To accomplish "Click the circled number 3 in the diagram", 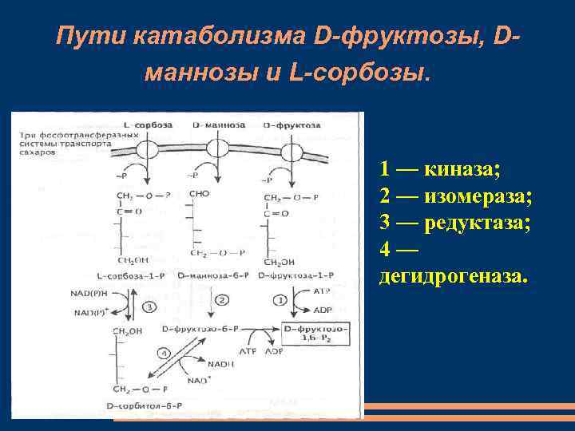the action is click(x=148, y=306).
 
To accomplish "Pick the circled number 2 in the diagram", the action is click(x=223, y=299).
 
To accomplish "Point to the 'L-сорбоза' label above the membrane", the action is click(x=144, y=126).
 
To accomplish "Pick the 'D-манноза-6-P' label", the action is click(x=213, y=275).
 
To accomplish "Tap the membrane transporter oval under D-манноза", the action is click(x=217, y=148).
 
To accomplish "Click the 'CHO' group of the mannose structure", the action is click(x=200, y=194).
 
